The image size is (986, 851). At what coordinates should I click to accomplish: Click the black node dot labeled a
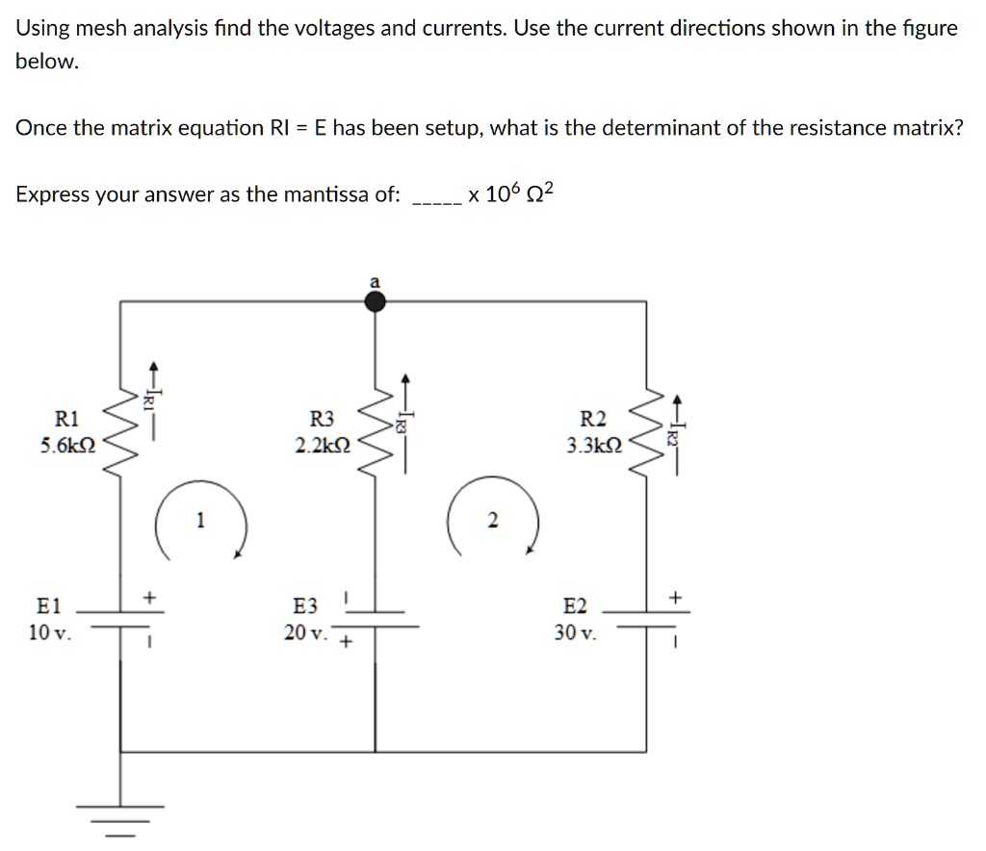(x=376, y=302)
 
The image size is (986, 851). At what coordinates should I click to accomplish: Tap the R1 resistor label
(x=67, y=419)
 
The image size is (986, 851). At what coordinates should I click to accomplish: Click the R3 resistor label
(x=322, y=419)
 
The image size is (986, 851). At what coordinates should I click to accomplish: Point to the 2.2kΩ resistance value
(x=324, y=446)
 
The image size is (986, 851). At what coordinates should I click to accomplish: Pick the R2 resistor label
(x=594, y=419)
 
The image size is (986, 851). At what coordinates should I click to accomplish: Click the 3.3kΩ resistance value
(x=595, y=446)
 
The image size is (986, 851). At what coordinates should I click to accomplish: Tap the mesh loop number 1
(x=200, y=521)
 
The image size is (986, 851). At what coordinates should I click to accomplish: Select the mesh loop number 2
(x=492, y=521)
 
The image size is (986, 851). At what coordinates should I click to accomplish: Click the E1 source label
(x=48, y=606)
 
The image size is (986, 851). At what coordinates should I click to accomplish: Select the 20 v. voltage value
(x=307, y=632)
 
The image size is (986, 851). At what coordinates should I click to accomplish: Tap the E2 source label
(x=575, y=606)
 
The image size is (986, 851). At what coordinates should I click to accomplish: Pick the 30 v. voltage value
(x=576, y=632)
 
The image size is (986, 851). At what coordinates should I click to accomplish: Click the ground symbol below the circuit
(x=120, y=814)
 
